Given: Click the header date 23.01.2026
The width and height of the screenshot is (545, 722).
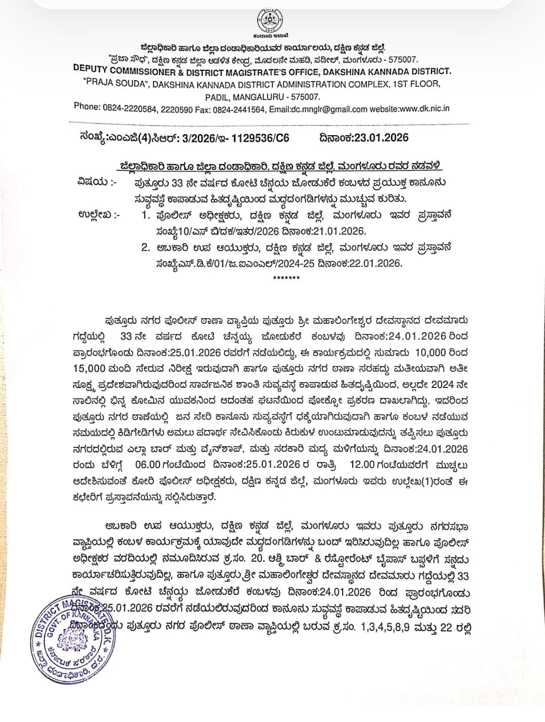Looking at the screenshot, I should point(381,137).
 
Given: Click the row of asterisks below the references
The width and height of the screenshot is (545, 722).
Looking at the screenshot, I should point(286,278).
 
